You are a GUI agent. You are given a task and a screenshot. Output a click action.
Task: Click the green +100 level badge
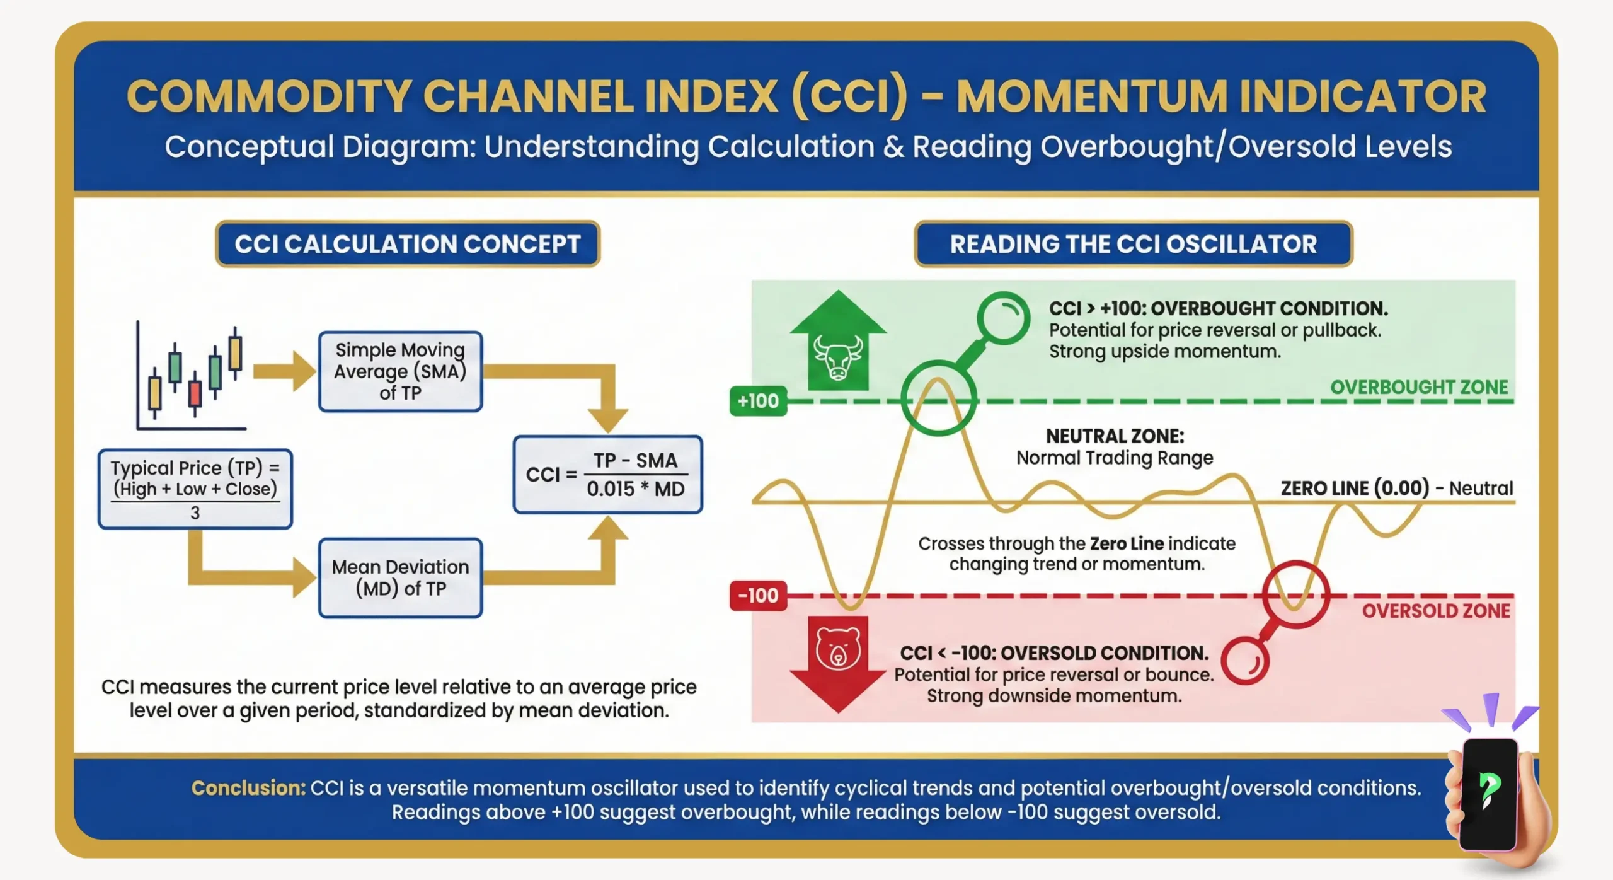pyautogui.click(x=758, y=401)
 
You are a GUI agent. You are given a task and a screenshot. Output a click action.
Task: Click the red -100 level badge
pyautogui.click(x=758, y=596)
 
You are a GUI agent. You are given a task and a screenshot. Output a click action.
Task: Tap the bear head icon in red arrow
pyautogui.click(x=837, y=649)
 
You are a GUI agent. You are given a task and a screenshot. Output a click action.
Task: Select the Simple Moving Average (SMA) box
pyautogui.click(x=400, y=371)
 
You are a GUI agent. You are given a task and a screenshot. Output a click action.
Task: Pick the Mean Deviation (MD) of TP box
pyautogui.click(x=400, y=577)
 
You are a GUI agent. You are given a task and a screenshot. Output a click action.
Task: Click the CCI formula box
pyautogui.click(x=607, y=475)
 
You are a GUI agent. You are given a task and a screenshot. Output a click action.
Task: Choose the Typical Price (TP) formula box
pyautogui.click(x=195, y=489)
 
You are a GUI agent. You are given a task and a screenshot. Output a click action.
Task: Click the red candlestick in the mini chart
pyautogui.click(x=195, y=393)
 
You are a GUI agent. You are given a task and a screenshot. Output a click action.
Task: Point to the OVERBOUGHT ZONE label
pyautogui.click(x=1418, y=387)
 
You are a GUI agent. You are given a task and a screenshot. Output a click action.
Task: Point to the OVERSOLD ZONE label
pyautogui.click(x=1435, y=611)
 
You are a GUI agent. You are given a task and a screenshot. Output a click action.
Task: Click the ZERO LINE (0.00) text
pyautogui.click(x=1355, y=489)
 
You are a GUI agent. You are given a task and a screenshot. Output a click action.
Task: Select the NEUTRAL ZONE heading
pyautogui.click(x=1115, y=436)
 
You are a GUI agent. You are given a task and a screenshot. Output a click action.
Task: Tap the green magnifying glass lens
pyautogui.click(x=1003, y=318)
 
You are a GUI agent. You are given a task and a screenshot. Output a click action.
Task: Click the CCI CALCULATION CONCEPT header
pyautogui.click(x=408, y=244)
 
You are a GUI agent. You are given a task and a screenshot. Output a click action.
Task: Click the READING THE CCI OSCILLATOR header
pyautogui.click(x=1133, y=244)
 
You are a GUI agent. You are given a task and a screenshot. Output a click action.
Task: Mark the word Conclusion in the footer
pyautogui.click(x=248, y=788)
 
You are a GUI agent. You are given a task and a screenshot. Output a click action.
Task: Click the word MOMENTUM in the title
pyautogui.click(x=1091, y=97)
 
